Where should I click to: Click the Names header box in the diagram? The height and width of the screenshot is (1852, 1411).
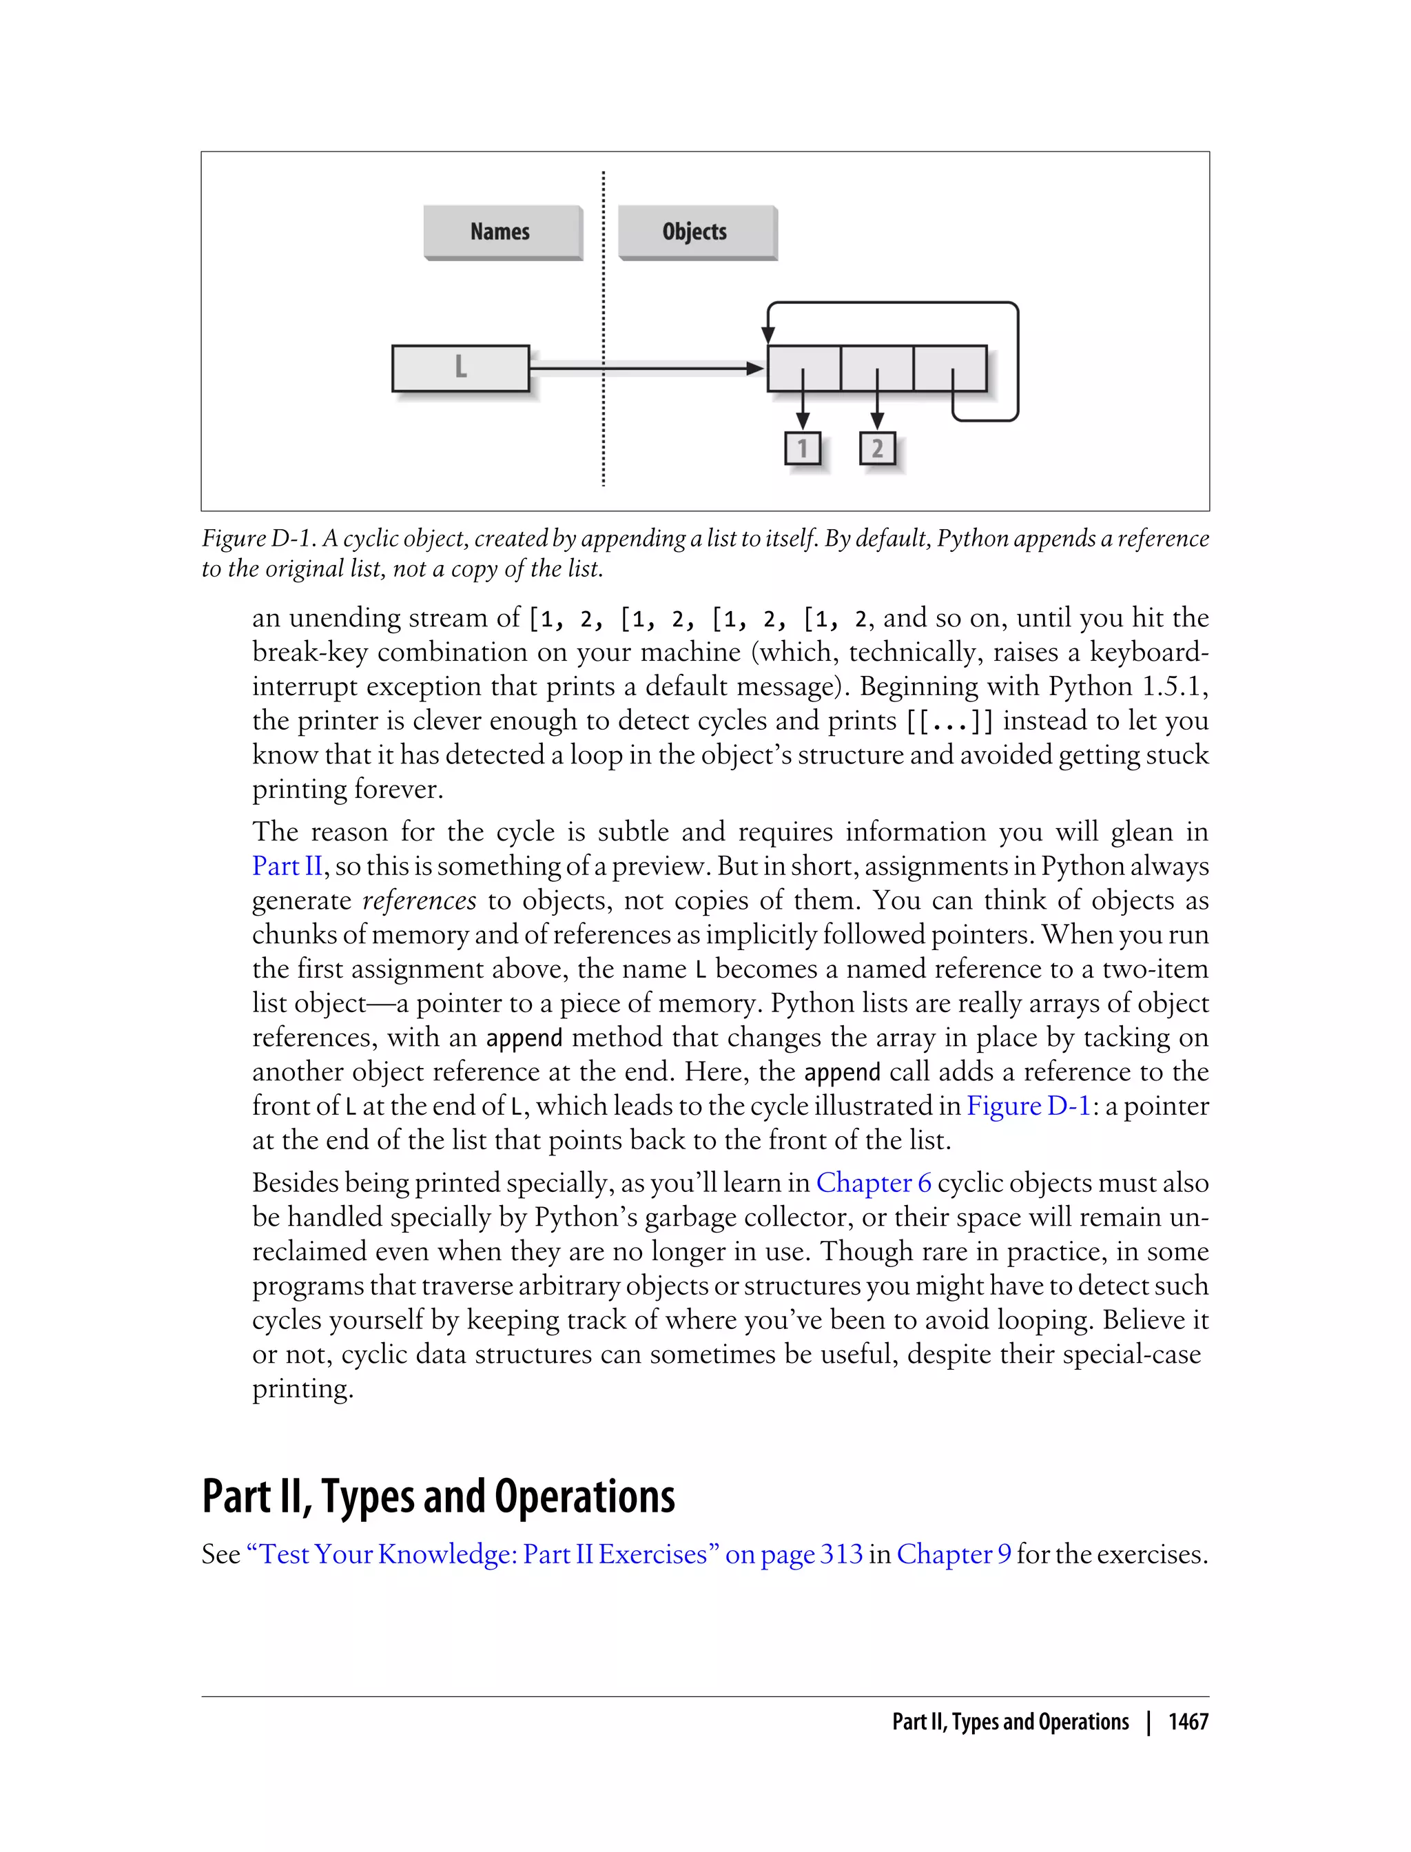tap(502, 231)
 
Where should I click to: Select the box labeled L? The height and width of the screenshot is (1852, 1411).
tap(460, 368)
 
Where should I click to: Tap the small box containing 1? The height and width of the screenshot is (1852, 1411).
tap(802, 449)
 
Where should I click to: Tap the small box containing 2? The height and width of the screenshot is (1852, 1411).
tap(877, 449)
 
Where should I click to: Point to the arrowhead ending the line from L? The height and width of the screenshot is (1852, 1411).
tap(755, 368)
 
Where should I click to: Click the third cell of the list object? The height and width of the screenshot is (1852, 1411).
tap(950, 368)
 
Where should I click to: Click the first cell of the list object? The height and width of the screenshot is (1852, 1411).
tap(804, 368)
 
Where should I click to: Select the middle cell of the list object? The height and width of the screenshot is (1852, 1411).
tap(877, 368)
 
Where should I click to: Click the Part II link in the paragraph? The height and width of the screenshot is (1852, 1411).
tap(287, 866)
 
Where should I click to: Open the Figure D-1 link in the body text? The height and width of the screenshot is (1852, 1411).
tap(1028, 1106)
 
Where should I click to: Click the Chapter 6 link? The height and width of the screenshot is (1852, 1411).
tap(873, 1182)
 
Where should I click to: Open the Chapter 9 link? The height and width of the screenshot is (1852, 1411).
tap(954, 1554)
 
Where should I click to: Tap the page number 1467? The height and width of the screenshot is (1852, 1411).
tap(1188, 1722)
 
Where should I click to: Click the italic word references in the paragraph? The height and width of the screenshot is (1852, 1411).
tap(419, 901)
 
